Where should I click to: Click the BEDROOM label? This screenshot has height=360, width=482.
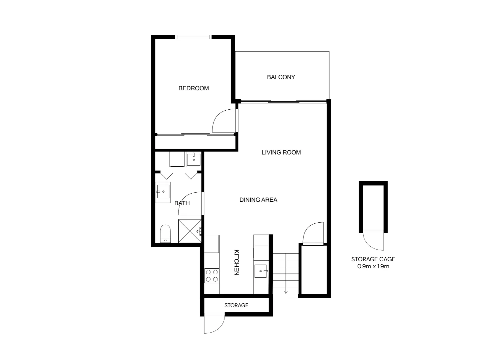193,88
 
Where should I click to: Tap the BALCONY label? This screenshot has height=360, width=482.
281,77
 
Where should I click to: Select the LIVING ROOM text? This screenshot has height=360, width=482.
281,152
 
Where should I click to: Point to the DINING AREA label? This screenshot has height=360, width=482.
258,200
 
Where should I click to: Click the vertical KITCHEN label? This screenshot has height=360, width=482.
236,262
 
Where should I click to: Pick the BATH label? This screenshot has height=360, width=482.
182,203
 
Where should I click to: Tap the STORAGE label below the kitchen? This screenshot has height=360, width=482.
236,305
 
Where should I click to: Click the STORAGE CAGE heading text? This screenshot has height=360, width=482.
373,259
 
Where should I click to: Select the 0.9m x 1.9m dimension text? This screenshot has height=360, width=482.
373,266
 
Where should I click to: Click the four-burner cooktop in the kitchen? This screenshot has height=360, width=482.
212,276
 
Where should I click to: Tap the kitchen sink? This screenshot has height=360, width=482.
261,271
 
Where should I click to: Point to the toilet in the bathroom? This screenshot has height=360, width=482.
165,233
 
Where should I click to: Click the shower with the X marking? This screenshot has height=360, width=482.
190,231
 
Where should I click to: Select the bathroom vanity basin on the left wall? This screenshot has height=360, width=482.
163,192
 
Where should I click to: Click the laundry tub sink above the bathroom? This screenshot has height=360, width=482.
193,159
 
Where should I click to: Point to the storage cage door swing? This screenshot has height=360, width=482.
373,241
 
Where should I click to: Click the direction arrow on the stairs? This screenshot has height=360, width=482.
286,292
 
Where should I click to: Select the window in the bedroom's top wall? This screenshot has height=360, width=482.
193,37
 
